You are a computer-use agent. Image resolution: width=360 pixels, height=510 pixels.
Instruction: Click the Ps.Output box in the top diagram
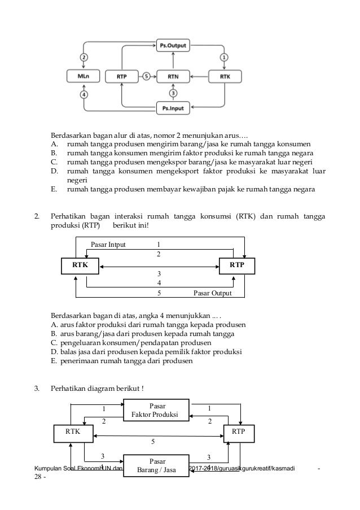pyautogui.click(x=173, y=44)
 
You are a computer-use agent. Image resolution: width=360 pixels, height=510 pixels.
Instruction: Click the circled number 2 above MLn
pyautogui.click(x=84, y=57)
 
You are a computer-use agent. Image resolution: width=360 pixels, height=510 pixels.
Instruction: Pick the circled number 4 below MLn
pyautogui.click(x=84, y=94)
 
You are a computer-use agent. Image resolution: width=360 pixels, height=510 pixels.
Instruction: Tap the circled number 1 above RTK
pyautogui.click(x=224, y=57)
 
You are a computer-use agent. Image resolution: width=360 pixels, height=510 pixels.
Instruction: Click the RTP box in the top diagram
pyautogui.click(x=121, y=76)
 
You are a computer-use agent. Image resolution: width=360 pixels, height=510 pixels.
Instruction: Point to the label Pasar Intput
pyautogui.click(x=108, y=245)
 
